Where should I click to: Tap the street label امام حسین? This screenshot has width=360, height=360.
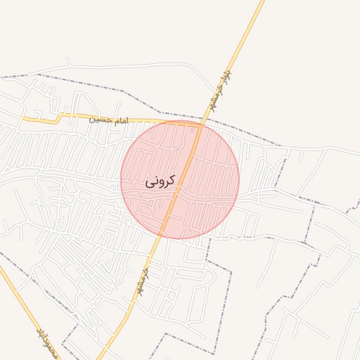109,120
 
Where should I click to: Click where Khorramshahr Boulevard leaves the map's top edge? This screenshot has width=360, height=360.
262,1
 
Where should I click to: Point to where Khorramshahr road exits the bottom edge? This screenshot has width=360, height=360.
100,358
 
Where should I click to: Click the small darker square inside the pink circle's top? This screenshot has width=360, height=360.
193,129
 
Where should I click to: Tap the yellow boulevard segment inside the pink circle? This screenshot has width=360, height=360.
181,183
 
